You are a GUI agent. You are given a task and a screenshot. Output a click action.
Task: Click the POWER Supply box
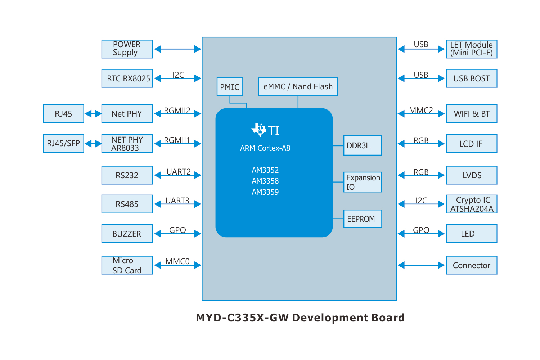click(127, 49)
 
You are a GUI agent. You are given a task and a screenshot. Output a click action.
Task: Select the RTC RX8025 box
click(127, 78)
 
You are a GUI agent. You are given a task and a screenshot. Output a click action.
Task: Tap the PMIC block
click(230, 87)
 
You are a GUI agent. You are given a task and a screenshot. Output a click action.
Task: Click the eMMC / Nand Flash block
click(298, 87)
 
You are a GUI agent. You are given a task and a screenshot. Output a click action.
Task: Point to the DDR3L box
click(362, 145)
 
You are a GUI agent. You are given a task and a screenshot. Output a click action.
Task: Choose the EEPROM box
click(362, 219)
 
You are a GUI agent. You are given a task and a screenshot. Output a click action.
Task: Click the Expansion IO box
click(362, 182)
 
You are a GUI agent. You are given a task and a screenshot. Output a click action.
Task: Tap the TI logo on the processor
click(265, 130)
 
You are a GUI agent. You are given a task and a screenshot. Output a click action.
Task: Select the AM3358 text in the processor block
click(265, 181)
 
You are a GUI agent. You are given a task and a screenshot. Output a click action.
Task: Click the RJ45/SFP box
click(63, 144)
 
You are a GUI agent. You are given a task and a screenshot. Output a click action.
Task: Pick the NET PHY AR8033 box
click(127, 144)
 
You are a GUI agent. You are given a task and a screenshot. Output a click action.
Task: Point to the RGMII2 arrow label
click(177, 111)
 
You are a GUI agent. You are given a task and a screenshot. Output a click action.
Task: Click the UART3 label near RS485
click(177, 201)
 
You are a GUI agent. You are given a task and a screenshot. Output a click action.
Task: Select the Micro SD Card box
click(127, 265)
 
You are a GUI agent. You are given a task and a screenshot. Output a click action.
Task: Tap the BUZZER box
click(127, 234)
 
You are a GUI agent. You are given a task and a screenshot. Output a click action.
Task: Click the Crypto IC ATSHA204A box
click(471, 204)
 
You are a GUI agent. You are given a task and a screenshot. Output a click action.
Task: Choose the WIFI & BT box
click(471, 114)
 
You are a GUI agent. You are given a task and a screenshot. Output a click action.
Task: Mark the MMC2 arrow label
click(421, 111)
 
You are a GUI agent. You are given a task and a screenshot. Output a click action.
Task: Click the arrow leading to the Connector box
click(421, 265)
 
